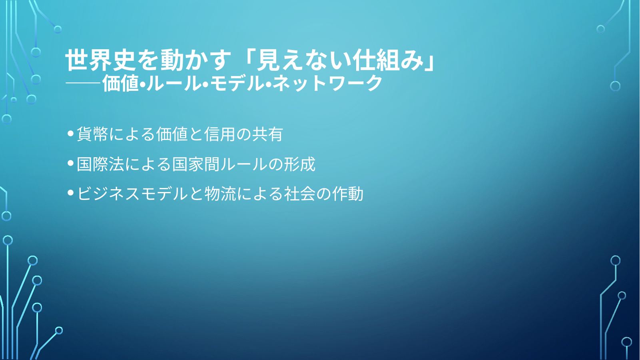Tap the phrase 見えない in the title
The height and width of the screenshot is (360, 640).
point(303,60)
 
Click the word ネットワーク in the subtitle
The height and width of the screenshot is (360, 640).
point(327,83)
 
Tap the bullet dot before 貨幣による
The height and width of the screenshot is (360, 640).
point(70,134)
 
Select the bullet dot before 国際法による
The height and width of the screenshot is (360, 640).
point(70,163)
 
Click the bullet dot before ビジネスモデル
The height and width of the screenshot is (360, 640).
point(70,193)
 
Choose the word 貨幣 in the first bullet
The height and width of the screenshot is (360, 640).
point(92,134)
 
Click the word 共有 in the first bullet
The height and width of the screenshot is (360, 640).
point(268,134)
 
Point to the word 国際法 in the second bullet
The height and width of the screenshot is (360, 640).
point(100,164)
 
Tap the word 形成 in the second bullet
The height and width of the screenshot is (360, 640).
point(299,164)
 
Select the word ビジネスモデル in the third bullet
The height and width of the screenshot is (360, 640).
point(132,194)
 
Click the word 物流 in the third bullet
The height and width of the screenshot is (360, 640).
point(220,194)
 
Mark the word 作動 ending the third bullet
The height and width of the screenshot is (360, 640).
point(347,194)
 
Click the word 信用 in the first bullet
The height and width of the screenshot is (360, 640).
point(220,134)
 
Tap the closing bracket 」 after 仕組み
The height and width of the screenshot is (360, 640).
point(429,60)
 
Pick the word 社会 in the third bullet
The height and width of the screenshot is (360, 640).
point(300,194)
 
